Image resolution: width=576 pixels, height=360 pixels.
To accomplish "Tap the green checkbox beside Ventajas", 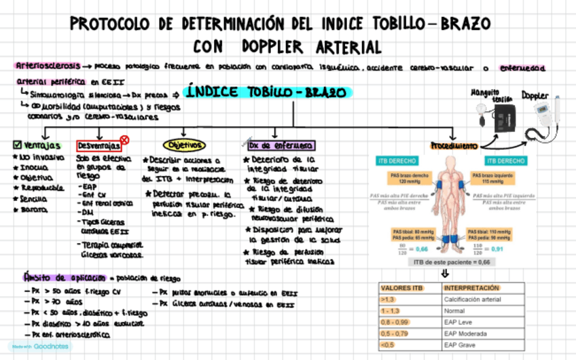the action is [17, 145].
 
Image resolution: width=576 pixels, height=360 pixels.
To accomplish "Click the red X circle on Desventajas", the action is [124, 140].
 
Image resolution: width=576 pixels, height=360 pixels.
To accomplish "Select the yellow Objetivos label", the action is [183, 145].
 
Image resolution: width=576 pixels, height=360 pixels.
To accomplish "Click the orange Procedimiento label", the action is [454, 145].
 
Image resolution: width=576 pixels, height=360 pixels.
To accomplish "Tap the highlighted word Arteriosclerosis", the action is [48, 66].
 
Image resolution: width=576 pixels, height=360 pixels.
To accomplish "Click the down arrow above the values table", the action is [446, 274].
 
